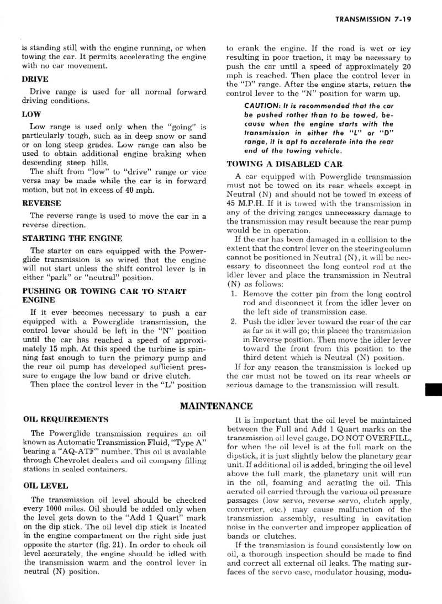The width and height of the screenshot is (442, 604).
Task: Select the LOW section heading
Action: (31, 115)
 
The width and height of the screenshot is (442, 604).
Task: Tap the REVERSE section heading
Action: (41, 203)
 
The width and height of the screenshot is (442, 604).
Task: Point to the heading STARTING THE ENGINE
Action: (72, 238)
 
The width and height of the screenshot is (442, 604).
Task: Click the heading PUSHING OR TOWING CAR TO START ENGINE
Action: (104, 291)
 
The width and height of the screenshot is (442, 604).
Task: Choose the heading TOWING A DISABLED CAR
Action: (285, 164)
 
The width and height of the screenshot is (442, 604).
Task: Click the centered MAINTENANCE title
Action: (217, 391)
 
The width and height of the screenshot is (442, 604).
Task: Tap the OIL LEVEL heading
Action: (45, 486)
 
